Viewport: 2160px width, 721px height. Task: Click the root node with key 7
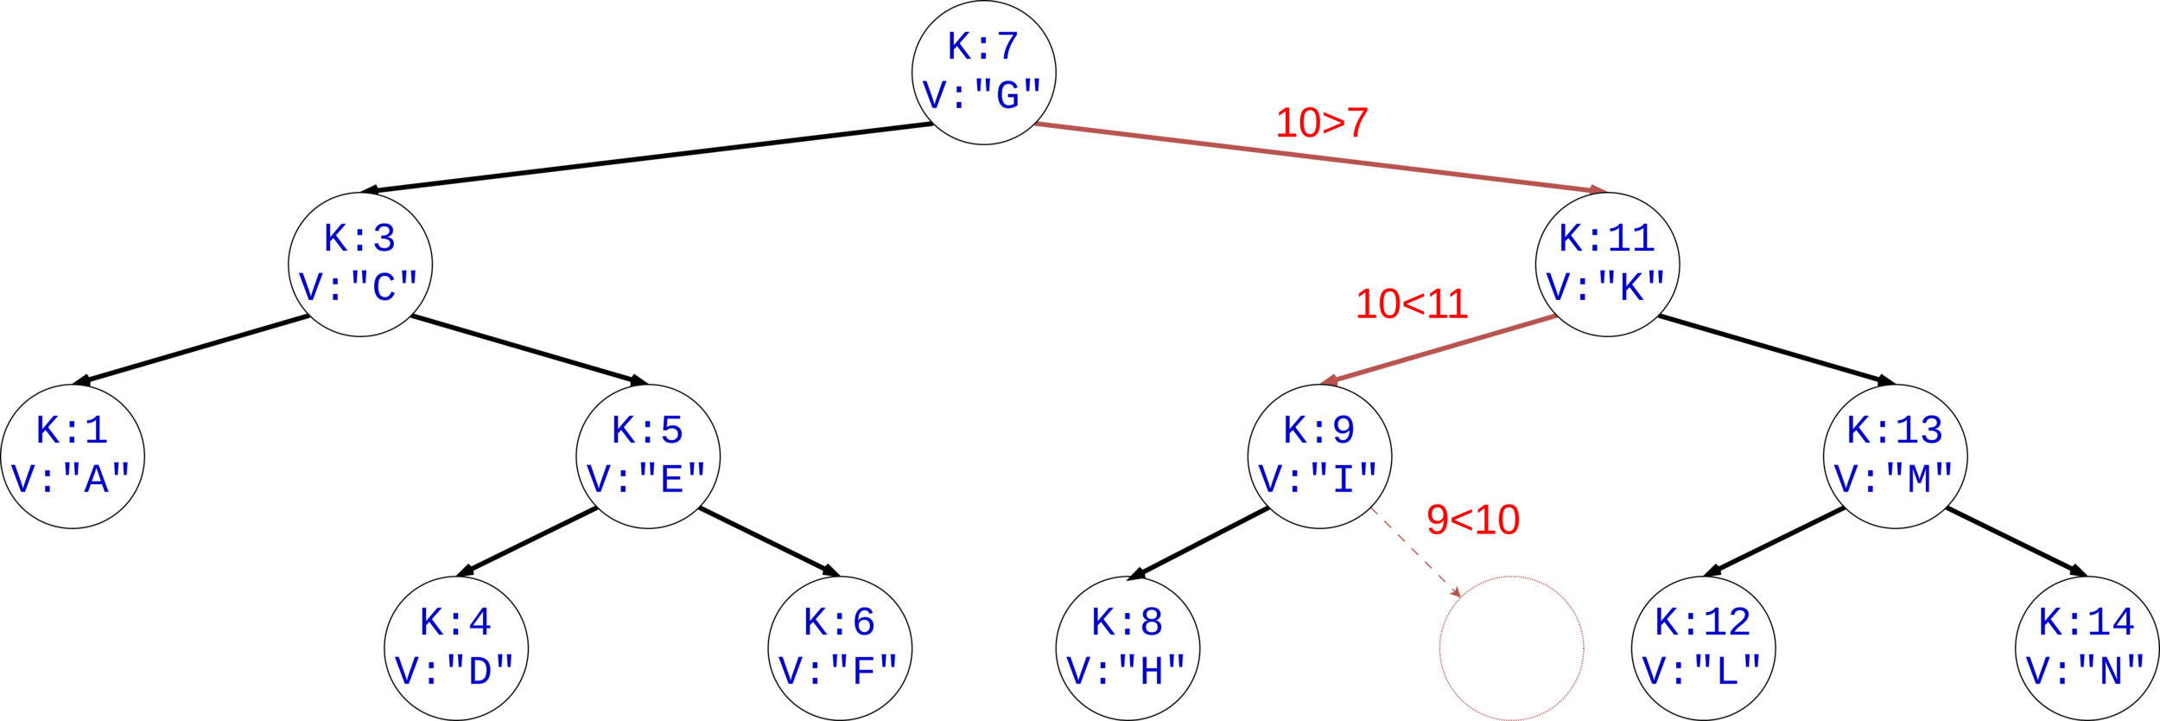click(983, 73)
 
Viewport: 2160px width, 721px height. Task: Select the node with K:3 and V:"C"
click(359, 264)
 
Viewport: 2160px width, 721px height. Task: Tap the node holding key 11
click(1607, 264)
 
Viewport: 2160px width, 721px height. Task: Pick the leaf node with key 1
click(73, 456)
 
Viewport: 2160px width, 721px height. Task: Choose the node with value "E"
click(648, 456)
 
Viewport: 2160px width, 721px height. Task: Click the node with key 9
click(1319, 456)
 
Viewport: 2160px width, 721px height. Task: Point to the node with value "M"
click(1895, 456)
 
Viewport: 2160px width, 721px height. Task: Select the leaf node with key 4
click(455, 648)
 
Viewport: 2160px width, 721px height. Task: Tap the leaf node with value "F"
click(840, 648)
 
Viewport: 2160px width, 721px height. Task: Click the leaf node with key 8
click(1128, 648)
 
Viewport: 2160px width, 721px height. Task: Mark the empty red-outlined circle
click(1511, 648)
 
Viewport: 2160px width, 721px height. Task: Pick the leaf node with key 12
click(1703, 648)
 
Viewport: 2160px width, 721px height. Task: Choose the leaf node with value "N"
click(2087, 648)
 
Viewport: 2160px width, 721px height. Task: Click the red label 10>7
click(1322, 123)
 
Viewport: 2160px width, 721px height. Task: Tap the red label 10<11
click(1412, 303)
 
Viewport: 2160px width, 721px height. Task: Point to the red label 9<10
click(1473, 520)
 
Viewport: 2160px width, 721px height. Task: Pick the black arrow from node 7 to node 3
click(648, 158)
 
